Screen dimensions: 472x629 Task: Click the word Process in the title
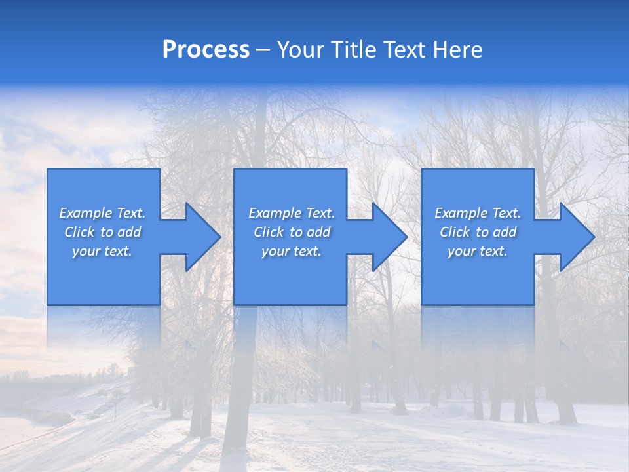[206, 50]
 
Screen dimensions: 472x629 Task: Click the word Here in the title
[459, 50]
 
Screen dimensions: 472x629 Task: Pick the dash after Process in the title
[263, 50]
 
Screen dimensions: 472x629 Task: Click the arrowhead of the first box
[200, 237]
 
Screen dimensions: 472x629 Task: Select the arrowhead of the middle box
[388, 237]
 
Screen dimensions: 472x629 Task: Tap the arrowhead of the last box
[575, 237]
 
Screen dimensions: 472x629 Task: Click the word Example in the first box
[85, 213]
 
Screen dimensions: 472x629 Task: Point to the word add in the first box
[129, 232]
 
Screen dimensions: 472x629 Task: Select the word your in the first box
[85, 251]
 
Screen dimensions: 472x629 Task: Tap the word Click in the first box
[79, 232]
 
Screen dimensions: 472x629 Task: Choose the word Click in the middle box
[269, 232]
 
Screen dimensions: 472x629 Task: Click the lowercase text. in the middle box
[307, 251]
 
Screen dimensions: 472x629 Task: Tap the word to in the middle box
[296, 232]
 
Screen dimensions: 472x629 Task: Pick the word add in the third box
[505, 232]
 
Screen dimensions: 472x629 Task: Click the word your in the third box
[461, 251]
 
